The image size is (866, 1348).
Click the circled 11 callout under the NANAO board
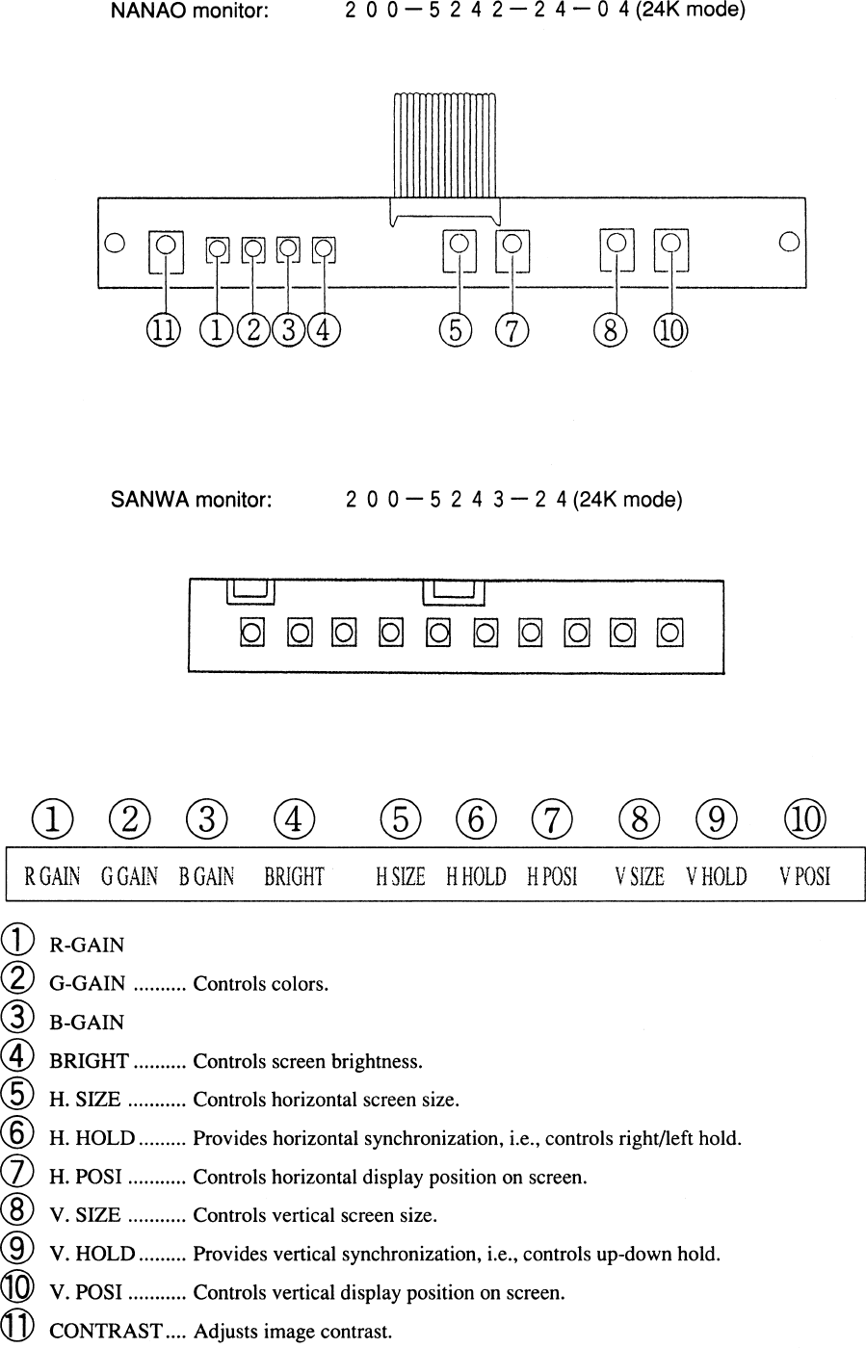tap(164, 330)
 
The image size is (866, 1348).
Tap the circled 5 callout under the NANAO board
tap(455, 330)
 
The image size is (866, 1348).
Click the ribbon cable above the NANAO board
tap(445, 144)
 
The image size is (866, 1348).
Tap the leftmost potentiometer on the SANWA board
tap(252, 633)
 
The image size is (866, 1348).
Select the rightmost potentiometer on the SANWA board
tap(670, 633)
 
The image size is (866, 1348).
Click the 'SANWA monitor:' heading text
tap(192, 501)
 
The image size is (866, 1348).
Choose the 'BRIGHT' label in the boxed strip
tap(294, 876)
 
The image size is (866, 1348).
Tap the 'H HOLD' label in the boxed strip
tap(476, 876)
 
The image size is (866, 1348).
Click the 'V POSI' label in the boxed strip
tap(805, 876)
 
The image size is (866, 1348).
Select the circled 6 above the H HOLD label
tap(476, 819)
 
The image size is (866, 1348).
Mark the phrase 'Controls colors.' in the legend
tap(261, 984)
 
